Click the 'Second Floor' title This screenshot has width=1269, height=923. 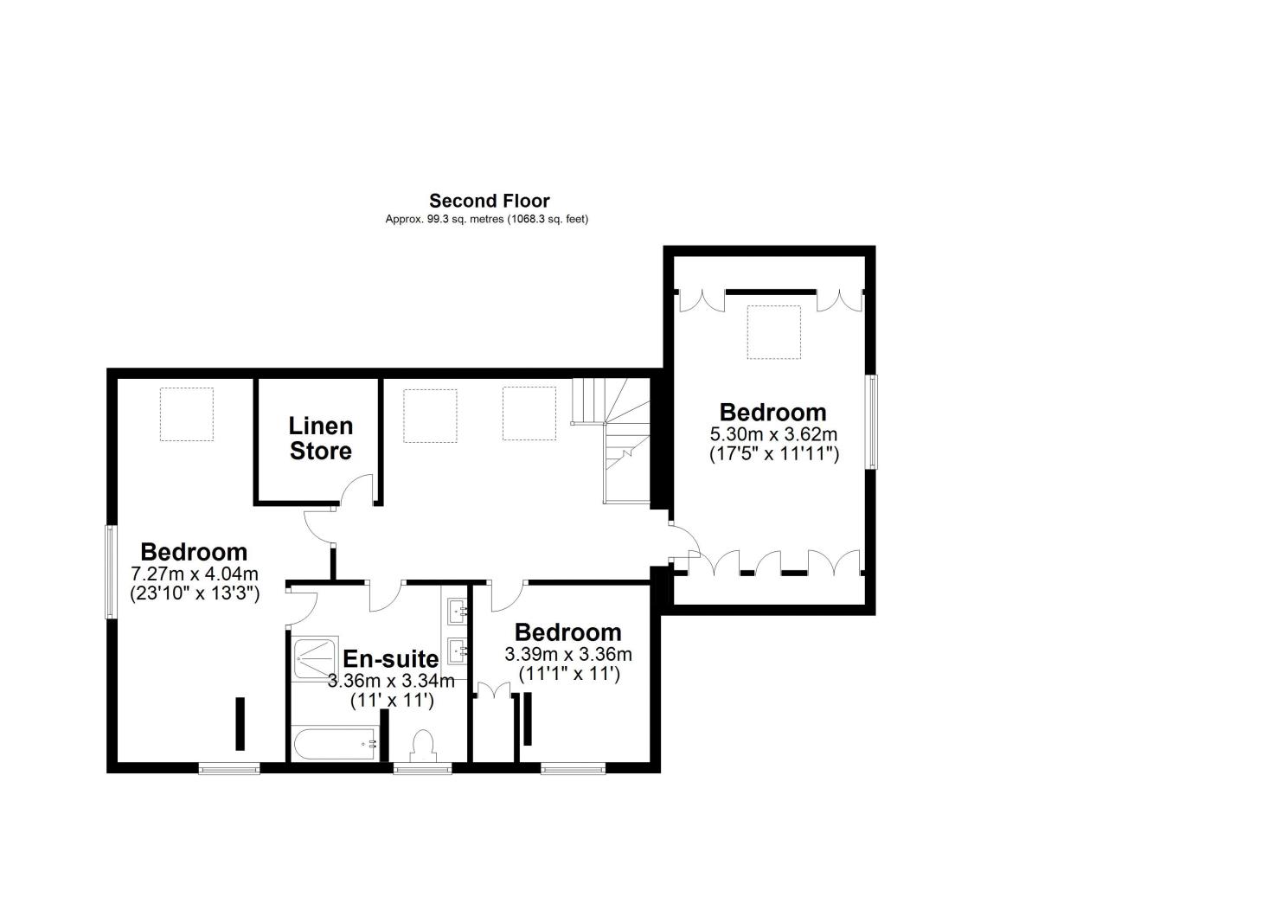(x=490, y=201)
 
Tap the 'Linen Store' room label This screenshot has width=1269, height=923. (x=320, y=438)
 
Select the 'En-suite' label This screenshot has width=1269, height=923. (x=390, y=659)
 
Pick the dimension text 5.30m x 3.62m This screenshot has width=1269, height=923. (x=773, y=433)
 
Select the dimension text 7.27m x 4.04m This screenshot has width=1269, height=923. (x=195, y=574)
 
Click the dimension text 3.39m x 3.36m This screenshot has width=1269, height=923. (x=568, y=654)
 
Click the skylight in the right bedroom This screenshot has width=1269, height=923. (x=774, y=331)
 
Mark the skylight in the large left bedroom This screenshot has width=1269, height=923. (x=186, y=414)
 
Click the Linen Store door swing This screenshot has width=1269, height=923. (x=356, y=490)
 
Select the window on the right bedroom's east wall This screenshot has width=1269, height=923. (x=871, y=421)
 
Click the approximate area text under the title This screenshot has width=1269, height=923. (x=486, y=220)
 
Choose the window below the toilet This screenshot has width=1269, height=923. (x=422, y=767)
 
